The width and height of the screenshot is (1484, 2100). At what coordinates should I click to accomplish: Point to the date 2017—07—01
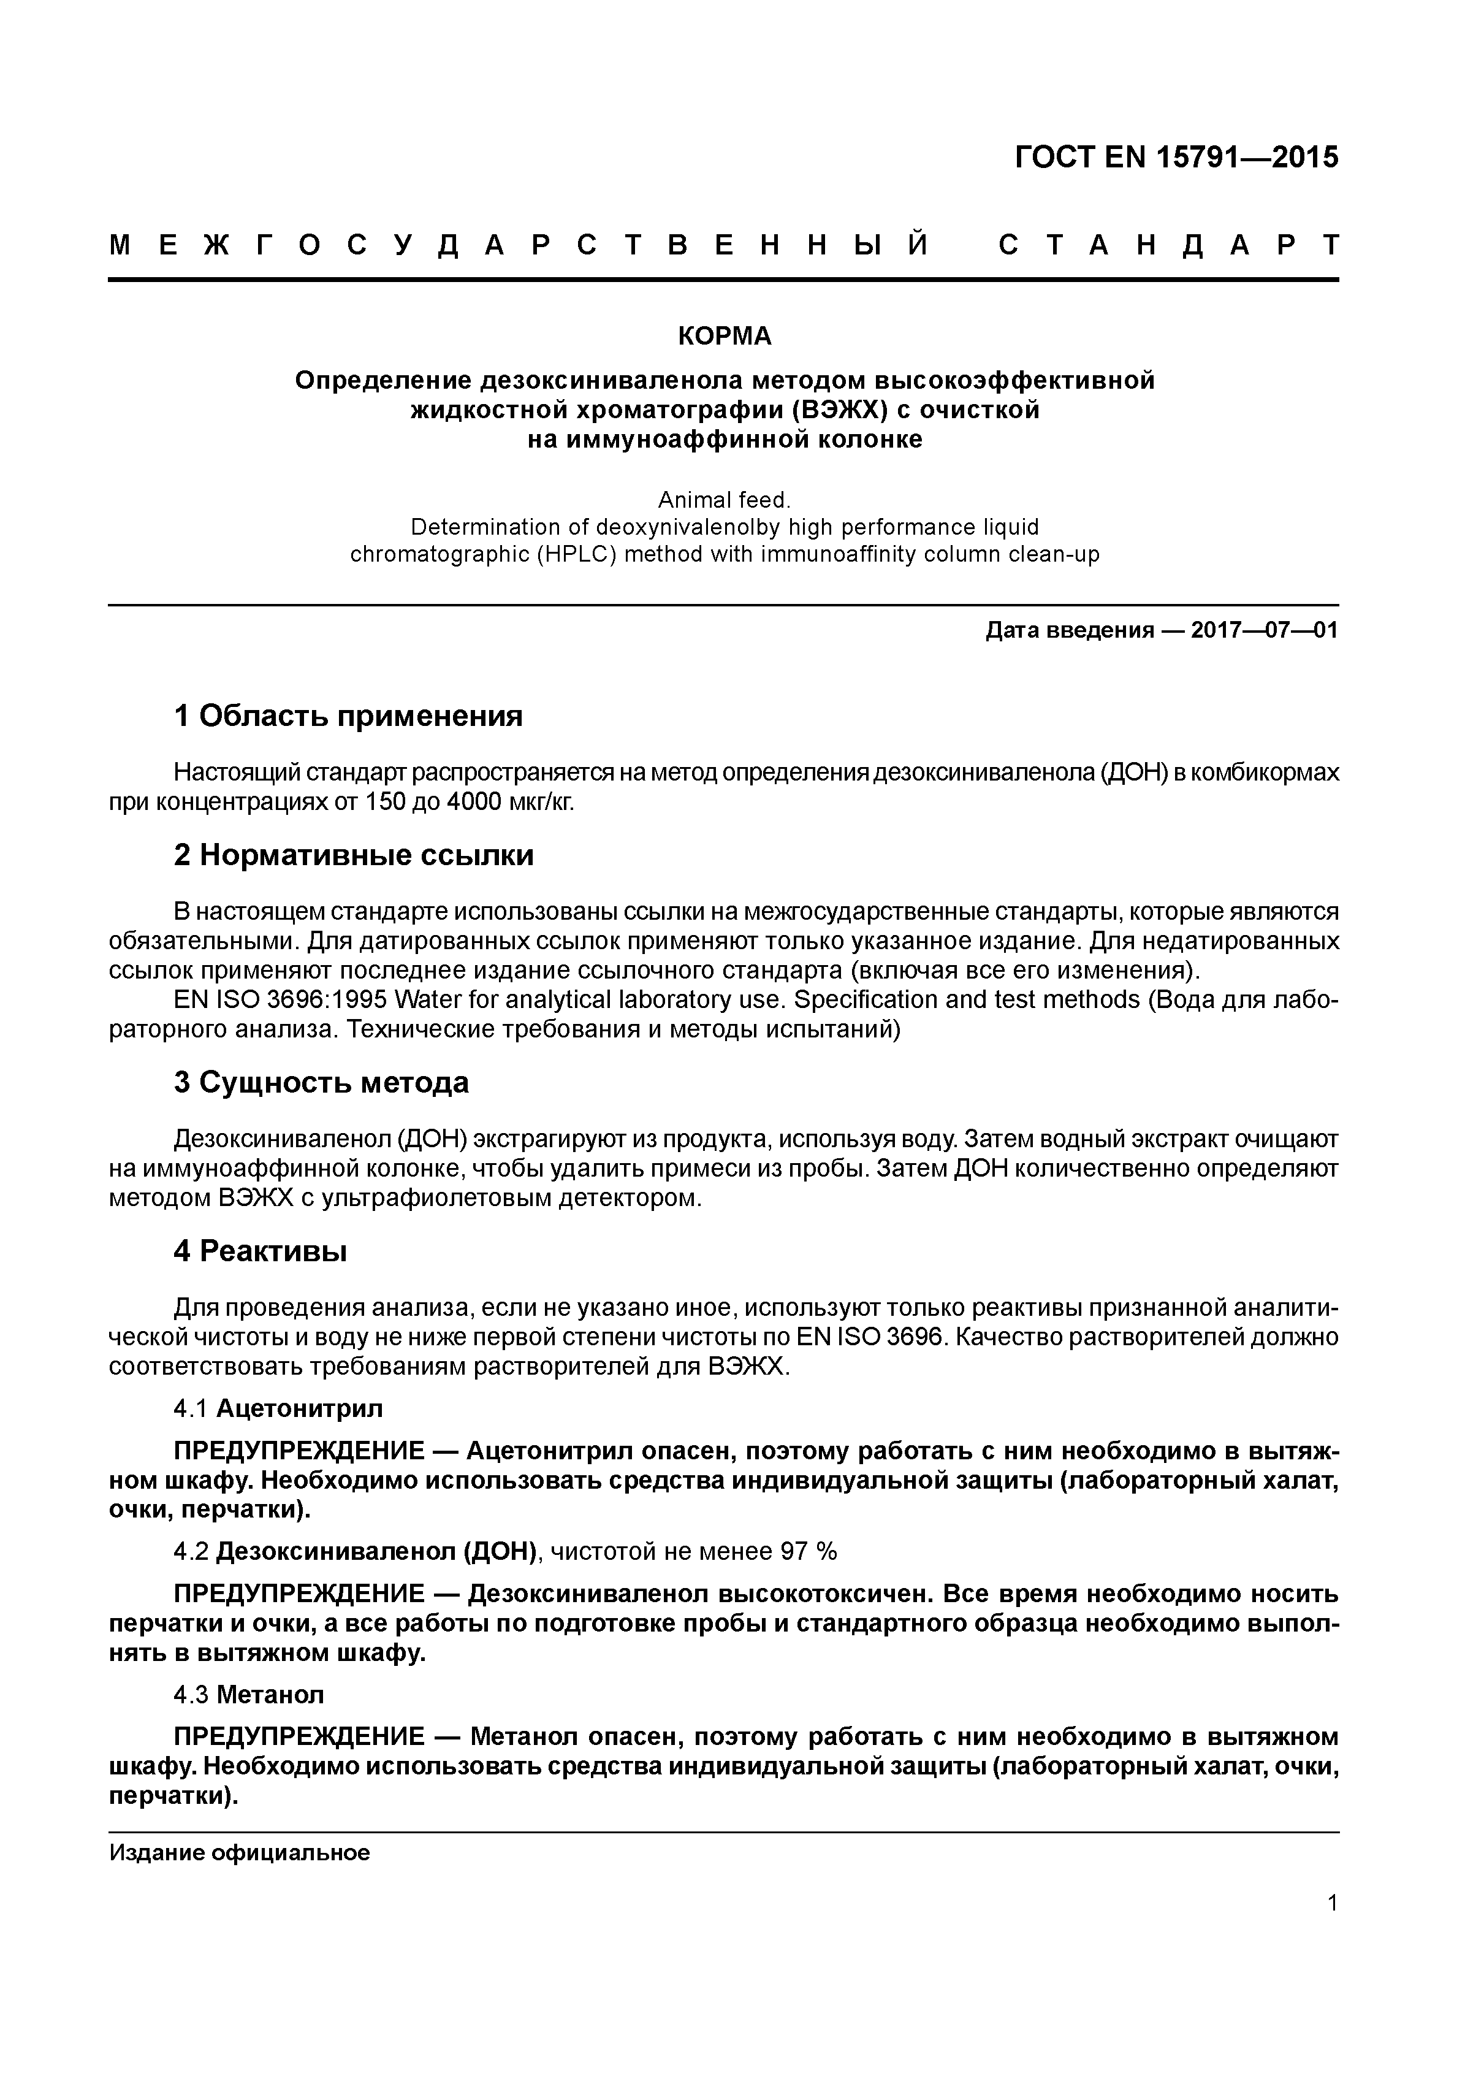1265,630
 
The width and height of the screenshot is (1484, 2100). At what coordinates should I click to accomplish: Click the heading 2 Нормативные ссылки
354,855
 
